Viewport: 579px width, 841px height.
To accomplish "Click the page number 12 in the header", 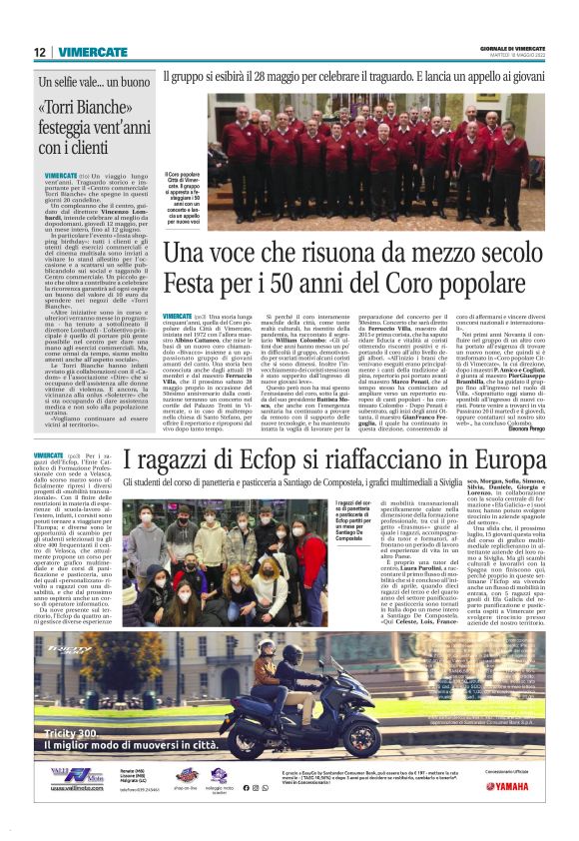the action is [39, 52].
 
